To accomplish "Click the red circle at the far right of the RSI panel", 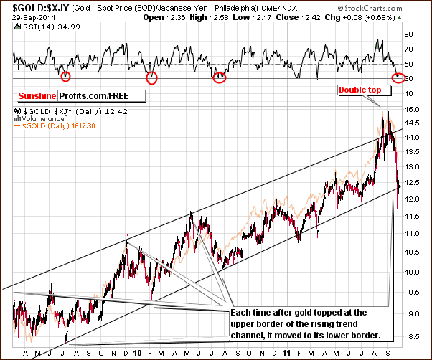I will tap(399, 77).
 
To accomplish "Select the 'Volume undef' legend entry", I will tap(40, 118).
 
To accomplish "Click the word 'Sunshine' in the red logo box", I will tap(38, 95).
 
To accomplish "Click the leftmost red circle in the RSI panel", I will tap(66, 77).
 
